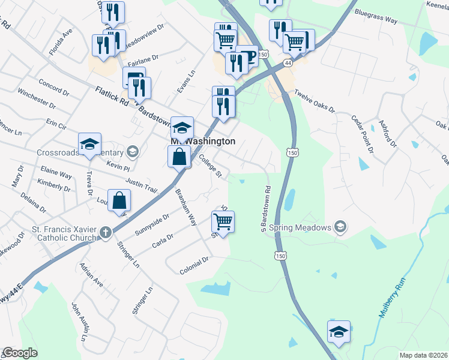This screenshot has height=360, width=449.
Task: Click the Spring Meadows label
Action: [300, 227]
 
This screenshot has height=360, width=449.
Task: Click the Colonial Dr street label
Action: [194, 266]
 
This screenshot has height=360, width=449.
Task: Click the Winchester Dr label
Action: [36, 100]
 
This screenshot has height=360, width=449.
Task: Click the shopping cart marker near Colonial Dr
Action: [223, 221]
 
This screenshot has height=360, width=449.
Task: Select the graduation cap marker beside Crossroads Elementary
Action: [89, 144]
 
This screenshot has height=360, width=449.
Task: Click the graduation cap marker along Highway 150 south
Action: [339, 331]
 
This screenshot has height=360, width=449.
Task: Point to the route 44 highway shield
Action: [289, 62]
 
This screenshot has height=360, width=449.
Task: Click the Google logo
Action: [19, 353]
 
